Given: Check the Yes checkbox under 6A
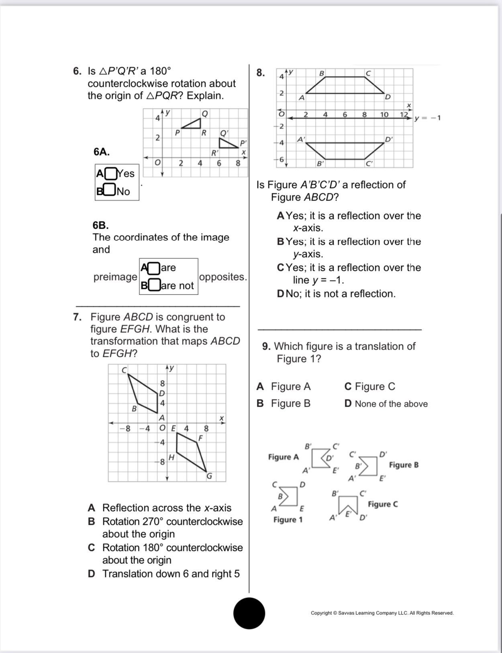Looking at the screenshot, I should pos(111,174).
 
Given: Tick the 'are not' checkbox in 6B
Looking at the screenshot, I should pos(155,285).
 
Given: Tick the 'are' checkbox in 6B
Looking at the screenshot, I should pos(154,268).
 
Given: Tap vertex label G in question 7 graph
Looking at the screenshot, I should pos(209,476).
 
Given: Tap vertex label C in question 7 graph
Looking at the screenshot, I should pos(124,369).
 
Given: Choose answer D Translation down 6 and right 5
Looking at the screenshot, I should pos(164,574).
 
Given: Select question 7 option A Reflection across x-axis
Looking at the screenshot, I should pos(160,508).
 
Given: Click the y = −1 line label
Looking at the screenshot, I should pos(428,118).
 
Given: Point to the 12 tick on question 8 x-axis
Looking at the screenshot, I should pos(404,115).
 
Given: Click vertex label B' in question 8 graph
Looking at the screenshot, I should pos(320,164).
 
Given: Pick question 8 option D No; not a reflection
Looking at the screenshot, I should pos(337,294).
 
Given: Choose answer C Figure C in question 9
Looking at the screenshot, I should pos(370,387).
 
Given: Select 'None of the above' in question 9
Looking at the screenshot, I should pos(386,404).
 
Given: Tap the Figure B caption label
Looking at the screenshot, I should pos(404,465).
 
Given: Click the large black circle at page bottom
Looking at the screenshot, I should pos(249,613).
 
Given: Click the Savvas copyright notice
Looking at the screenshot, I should pos(382,613).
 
